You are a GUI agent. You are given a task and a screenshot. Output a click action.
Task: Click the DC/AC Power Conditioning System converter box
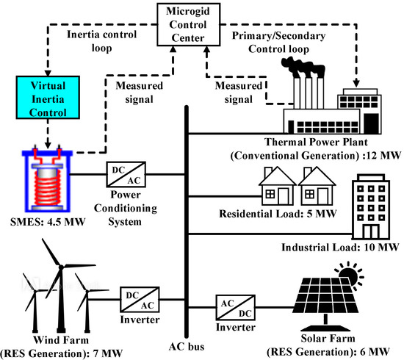point(123,175)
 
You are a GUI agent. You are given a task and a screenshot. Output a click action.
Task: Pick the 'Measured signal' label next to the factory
point(235,93)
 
